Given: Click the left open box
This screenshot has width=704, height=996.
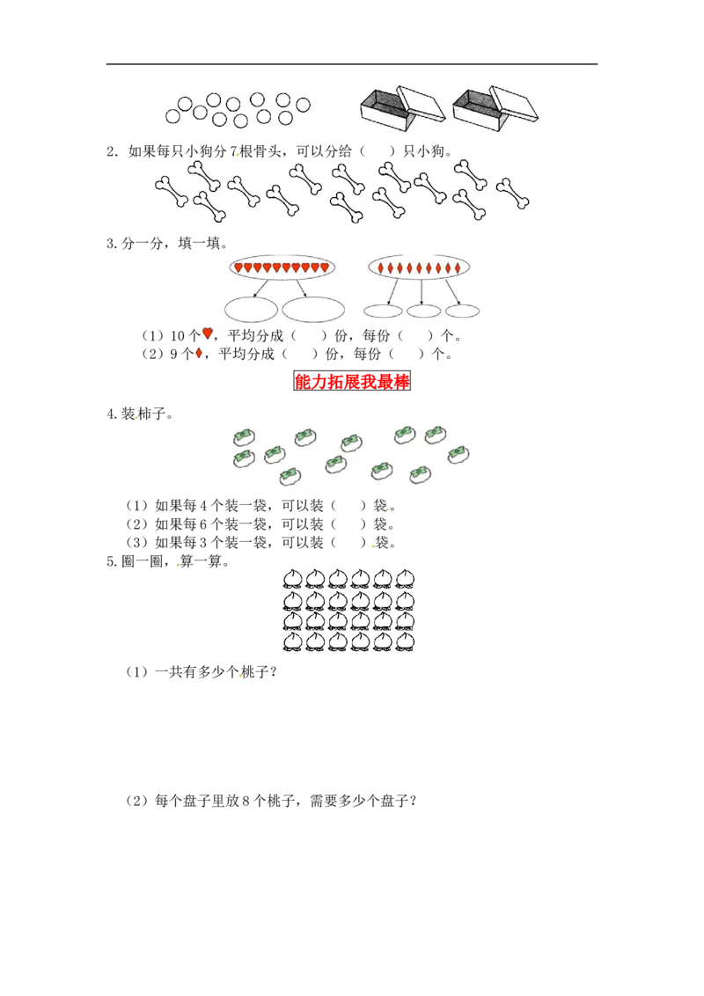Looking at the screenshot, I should (385, 113).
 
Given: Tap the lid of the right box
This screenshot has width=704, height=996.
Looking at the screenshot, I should (516, 102).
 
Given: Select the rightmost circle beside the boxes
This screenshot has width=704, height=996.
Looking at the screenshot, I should (304, 105).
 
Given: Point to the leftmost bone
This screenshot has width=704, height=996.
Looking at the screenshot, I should (172, 192).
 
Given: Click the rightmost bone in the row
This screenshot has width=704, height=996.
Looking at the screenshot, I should (513, 193).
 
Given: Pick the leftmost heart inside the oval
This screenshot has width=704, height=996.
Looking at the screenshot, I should (238, 267).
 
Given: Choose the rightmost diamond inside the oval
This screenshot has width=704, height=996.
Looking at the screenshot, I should (458, 267).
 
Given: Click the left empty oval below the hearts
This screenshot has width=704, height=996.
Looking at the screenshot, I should (251, 309).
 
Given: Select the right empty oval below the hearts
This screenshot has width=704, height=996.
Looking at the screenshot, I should (313, 309).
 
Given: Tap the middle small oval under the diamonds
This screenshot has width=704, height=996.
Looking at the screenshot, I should (423, 311).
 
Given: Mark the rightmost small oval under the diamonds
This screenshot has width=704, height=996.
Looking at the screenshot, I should (462, 311).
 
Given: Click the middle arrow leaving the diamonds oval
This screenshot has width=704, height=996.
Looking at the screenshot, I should (422, 291).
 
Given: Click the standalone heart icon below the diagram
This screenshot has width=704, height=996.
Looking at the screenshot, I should (208, 333).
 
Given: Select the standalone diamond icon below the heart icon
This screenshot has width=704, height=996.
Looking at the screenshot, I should (199, 354).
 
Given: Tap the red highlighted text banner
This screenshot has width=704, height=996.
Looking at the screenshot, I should (352, 381).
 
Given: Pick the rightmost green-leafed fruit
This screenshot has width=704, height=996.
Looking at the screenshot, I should (458, 454).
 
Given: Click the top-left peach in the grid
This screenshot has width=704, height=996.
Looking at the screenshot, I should (293, 577).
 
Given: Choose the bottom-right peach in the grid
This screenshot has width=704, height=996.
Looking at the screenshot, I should (405, 641).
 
